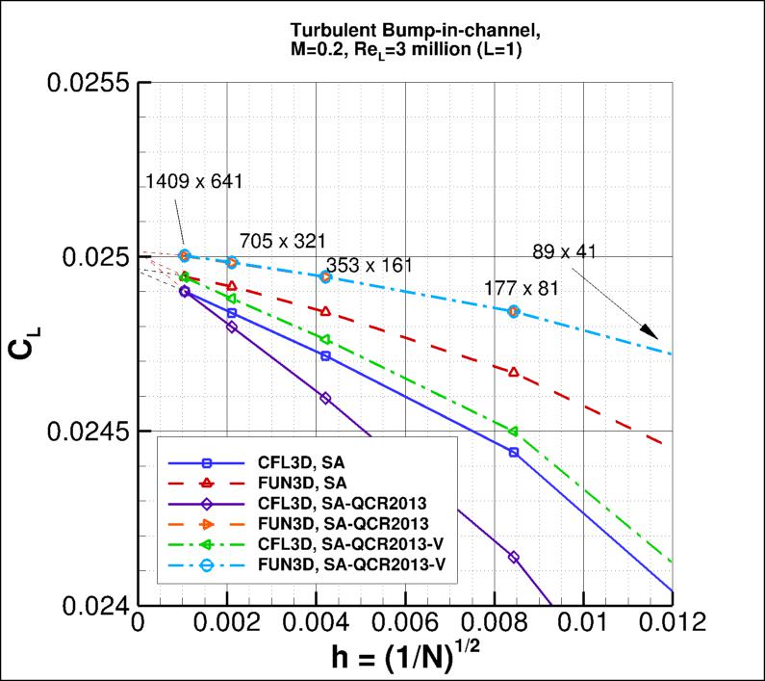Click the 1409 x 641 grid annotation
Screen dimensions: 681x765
[x=194, y=181]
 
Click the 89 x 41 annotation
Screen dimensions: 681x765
[x=564, y=252]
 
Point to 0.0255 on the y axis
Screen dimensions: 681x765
[x=88, y=83]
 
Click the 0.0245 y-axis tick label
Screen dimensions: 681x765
[x=88, y=431]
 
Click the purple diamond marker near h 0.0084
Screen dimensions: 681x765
[x=514, y=557]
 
